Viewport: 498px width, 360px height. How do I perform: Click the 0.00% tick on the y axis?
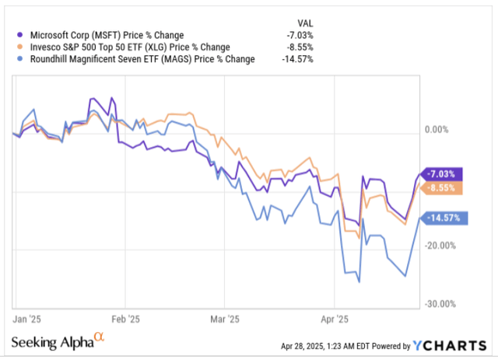tap(438, 131)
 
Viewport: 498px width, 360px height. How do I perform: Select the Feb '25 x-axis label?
tap(126, 318)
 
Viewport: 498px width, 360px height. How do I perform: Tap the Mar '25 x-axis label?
tap(226, 318)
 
